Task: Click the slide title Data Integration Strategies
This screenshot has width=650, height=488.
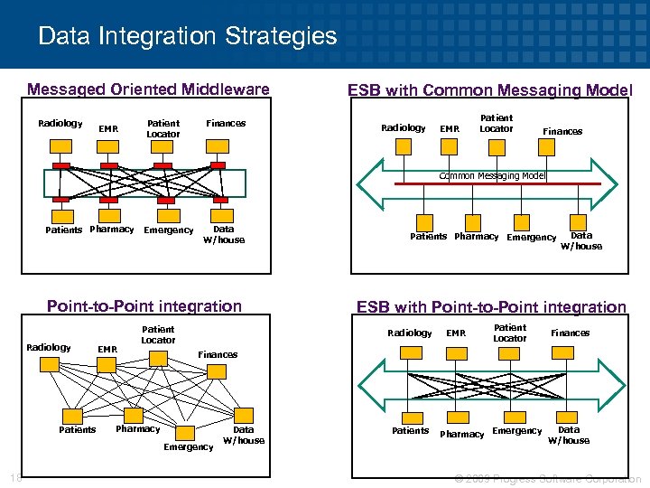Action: click(187, 37)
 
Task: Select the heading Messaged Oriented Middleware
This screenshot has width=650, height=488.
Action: click(148, 89)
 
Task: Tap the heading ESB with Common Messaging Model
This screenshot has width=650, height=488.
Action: click(490, 90)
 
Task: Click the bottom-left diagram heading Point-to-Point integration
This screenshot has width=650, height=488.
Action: click(144, 306)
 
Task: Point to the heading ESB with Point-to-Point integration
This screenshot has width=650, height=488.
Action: click(491, 307)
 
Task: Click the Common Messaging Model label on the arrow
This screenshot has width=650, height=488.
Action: click(492, 175)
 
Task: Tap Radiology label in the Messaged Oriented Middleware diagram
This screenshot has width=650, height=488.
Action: click(60, 123)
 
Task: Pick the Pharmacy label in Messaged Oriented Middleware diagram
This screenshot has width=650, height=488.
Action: click(112, 230)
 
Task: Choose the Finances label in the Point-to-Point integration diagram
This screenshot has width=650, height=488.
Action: click(218, 355)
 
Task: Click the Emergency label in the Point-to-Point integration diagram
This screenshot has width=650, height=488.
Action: click(188, 447)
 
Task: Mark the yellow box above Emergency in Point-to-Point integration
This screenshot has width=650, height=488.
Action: click(187, 432)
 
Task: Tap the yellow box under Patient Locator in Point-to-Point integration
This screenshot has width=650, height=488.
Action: click(158, 359)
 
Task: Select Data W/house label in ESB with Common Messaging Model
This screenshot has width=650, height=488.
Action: click(581, 240)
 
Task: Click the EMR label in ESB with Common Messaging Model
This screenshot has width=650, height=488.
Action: click(449, 129)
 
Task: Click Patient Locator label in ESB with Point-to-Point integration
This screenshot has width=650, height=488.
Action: click(509, 333)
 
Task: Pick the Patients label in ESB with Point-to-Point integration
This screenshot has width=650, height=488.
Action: click(410, 431)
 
